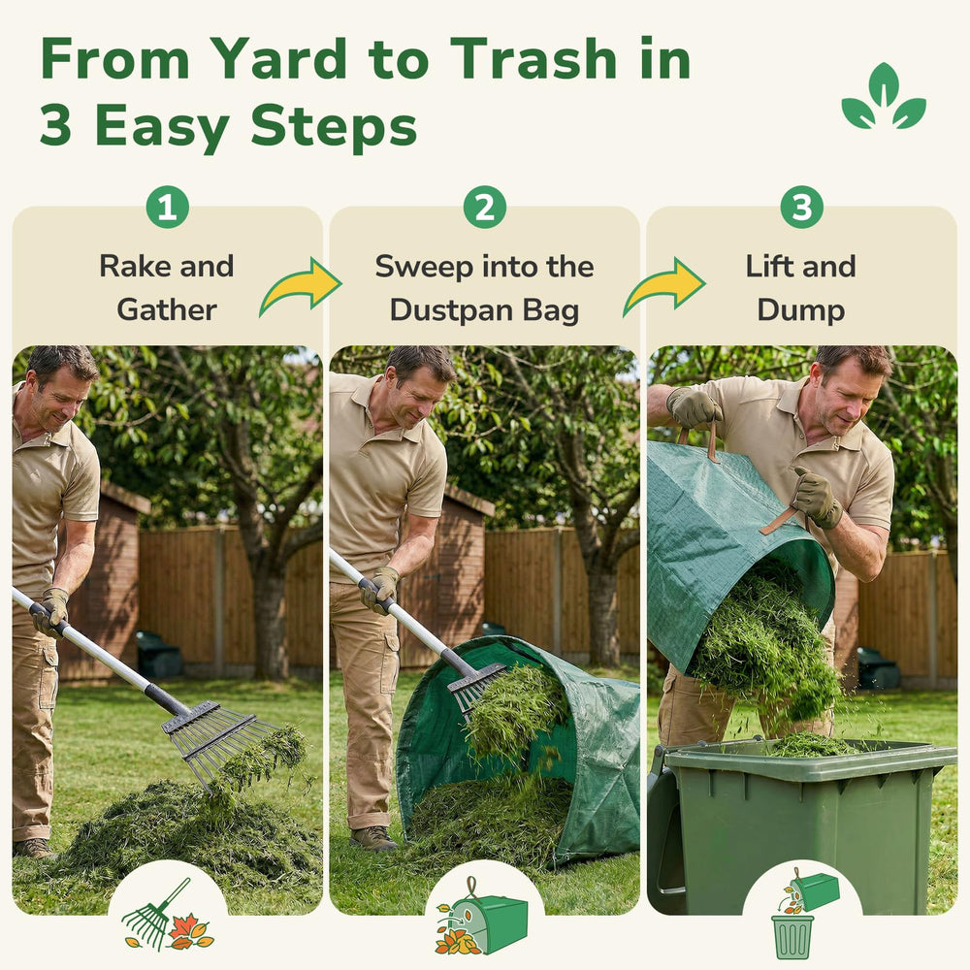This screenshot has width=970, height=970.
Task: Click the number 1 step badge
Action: [x=167, y=208]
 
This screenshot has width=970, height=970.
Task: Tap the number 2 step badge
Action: [x=484, y=208]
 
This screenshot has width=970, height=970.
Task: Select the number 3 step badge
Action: [x=802, y=208]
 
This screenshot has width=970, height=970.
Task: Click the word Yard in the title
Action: [x=278, y=60]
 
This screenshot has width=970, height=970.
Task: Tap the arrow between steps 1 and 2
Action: [x=301, y=286]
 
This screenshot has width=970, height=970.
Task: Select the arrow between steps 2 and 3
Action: [x=664, y=286]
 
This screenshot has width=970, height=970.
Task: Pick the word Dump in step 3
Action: [x=801, y=310]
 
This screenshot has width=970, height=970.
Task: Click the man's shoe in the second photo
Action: [x=373, y=838]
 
